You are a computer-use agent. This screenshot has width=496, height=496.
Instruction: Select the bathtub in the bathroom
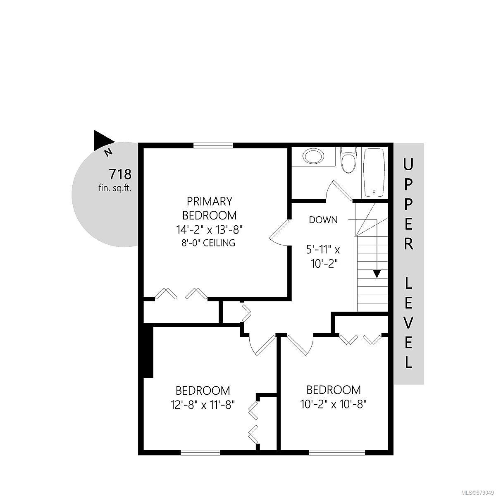[374, 173]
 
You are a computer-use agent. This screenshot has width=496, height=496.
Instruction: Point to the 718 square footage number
[120, 174]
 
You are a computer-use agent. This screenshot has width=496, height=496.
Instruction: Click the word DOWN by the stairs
[323, 220]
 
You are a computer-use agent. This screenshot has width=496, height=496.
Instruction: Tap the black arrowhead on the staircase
[377, 274]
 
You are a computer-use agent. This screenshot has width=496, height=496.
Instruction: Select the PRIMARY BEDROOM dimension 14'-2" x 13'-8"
[210, 229]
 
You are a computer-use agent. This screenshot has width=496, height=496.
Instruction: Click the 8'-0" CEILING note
[208, 243]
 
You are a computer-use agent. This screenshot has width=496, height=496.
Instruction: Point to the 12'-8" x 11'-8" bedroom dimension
[203, 405]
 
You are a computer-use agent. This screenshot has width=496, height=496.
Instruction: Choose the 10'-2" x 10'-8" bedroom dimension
[333, 405]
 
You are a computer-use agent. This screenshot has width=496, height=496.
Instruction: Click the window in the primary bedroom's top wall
[213, 145]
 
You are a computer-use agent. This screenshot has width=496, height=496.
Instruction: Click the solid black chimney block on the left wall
[148, 353]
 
